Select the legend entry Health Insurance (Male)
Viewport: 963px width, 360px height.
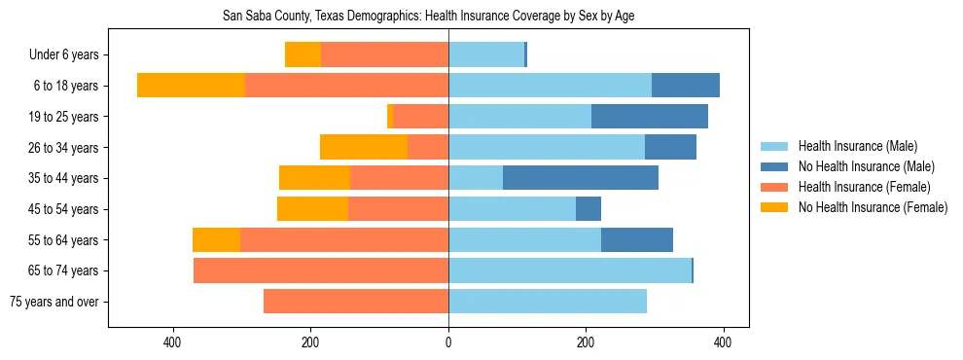pyautogui.click(x=857, y=146)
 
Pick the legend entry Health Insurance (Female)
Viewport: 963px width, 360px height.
pyautogui.click(x=864, y=187)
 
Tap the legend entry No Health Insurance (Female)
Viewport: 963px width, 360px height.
pyautogui.click(x=873, y=207)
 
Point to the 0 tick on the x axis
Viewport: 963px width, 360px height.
pyautogui.click(x=448, y=342)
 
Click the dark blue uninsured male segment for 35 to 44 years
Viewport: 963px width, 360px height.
pyautogui.click(x=581, y=178)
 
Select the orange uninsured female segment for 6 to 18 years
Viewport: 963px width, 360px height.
pyautogui.click(x=191, y=86)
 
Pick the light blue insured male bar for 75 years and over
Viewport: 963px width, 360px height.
pyautogui.click(x=548, y=302)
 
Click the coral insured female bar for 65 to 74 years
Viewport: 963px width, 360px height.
pyautogui.click(x=321, y=270)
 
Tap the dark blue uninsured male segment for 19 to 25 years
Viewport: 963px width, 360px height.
pyautogui.click(x=650, y=117)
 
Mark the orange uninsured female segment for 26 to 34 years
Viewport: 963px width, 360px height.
pyautogui.click(x=364, y=147)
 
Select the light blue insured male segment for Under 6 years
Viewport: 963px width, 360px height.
pyautogui.click(x=486, y=55)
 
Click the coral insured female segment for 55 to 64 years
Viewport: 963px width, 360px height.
pyautogui.click(x=344, y=239)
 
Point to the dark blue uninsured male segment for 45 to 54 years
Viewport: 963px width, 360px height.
pyautogui.click(x=588, y=209)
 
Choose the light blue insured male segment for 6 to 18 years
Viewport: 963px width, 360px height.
pyautogui.click(x=550, y=86)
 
